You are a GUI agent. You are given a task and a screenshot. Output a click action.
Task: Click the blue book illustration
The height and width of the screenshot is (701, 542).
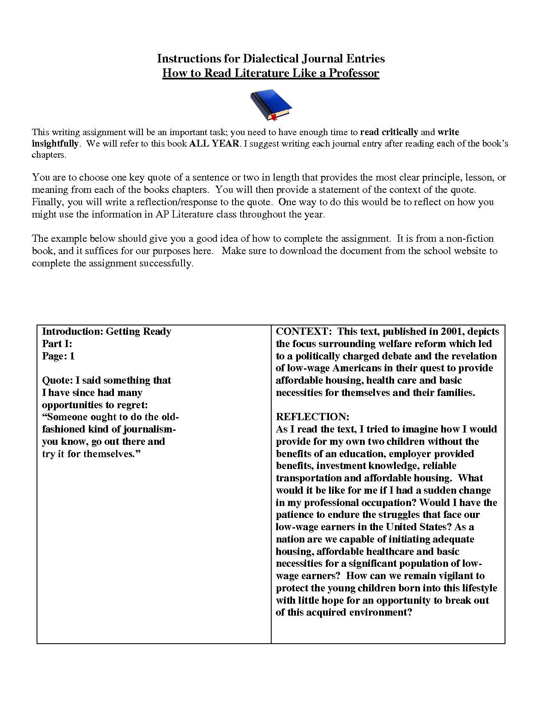point(270,103)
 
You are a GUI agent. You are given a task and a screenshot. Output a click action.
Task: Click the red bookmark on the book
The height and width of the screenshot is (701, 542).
point(274,116)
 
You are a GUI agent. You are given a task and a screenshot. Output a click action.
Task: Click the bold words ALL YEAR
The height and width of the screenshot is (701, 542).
point(214,144)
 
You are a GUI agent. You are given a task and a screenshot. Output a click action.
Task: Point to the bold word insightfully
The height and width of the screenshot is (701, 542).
point(55,144)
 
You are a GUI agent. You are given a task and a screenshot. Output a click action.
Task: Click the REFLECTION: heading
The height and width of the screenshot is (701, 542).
point(312,417)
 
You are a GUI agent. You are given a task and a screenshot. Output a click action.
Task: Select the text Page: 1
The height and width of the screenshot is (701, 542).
point(58,356)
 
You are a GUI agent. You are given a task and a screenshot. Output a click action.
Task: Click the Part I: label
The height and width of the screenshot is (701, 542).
point(57,344)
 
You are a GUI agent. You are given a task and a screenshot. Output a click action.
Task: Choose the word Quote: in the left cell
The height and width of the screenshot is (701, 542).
point(57,380)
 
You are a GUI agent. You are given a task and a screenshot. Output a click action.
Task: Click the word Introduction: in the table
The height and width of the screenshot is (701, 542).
point(72,331)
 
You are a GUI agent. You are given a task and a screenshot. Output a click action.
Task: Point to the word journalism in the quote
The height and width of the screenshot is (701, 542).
point(149,429)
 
